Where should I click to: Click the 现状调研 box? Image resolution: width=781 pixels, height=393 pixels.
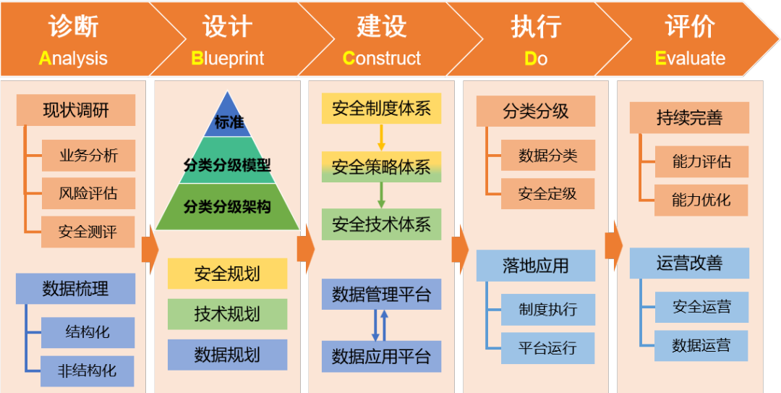click(x=76, y=110)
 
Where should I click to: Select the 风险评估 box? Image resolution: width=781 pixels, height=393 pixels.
click(x=88, y=193)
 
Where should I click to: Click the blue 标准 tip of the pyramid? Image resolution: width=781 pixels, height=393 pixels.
click(x=228, y=120)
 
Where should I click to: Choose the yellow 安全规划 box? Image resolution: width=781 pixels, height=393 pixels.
click(x=227, y=274)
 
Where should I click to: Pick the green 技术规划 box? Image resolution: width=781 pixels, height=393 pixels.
click(x=227, y=314)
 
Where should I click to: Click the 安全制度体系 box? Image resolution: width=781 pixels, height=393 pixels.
click(x=381, y=109)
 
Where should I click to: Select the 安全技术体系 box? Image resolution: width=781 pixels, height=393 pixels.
click(x=381, y=224)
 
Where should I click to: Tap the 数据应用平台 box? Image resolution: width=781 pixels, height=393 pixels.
click(x=381, y=356)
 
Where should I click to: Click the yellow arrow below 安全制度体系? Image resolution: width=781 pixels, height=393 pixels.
click(x=381, y=138)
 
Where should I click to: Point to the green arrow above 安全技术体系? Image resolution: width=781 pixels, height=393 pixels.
click(x=381, y=195)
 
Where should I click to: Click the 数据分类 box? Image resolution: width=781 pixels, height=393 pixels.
click(x=547, y=156)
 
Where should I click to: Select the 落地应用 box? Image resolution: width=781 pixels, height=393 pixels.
click(x=535, y=266)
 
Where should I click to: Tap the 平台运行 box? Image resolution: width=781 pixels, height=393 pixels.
click(x=547, y=348)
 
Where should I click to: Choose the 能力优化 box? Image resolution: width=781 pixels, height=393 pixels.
click(x=701, y=200)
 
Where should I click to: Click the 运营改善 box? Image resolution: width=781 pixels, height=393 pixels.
click(x=689, y=263)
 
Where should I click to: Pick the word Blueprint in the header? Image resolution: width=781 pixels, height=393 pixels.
click(x=228, y=59)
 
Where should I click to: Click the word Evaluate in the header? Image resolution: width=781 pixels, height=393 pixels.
click(x=690, y=59)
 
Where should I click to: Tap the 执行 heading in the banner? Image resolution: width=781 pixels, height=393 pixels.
click(x=536, y=27)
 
